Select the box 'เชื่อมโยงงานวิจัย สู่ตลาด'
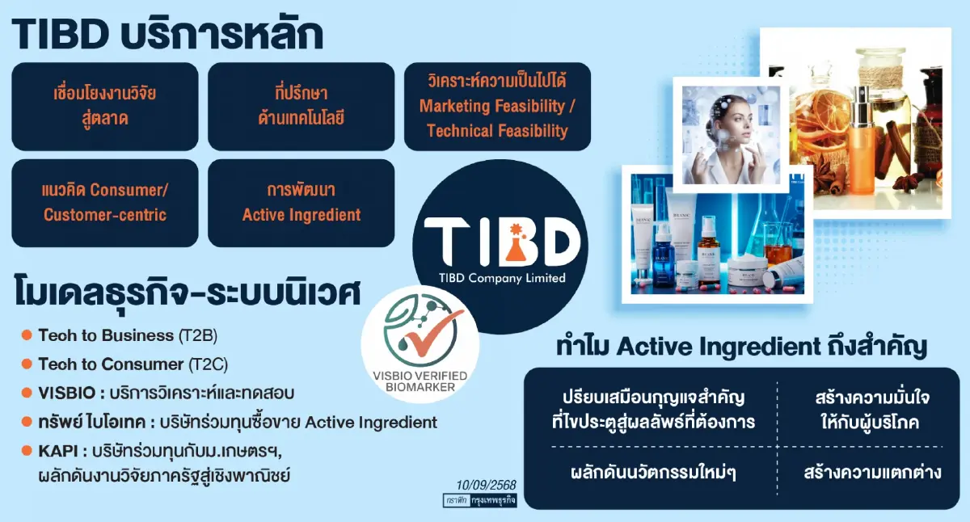click(x=104, y=106)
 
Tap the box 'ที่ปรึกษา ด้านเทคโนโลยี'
click(x=301, y=106)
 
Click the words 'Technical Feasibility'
click(x=497, y=131)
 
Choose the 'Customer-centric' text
click(x=105, y=215)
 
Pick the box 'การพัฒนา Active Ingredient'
click(x=301, y=203)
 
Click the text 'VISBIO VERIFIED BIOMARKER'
click(x=420, y=381)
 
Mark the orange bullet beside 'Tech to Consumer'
click(x=27, y=364)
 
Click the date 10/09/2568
click(x=486, y=485)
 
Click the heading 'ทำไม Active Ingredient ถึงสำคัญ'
click(x=741, y=347)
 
